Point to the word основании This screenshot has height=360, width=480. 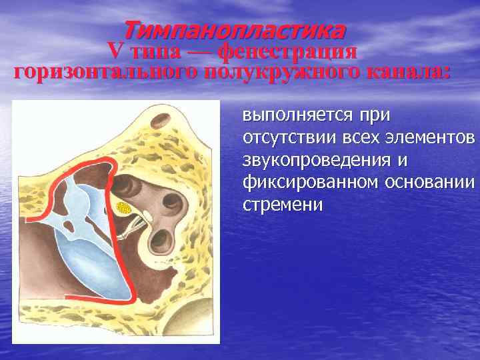pos(429,183)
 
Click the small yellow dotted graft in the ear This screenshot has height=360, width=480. pos(124,208)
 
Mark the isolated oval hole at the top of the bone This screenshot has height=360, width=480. pos(161,121)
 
